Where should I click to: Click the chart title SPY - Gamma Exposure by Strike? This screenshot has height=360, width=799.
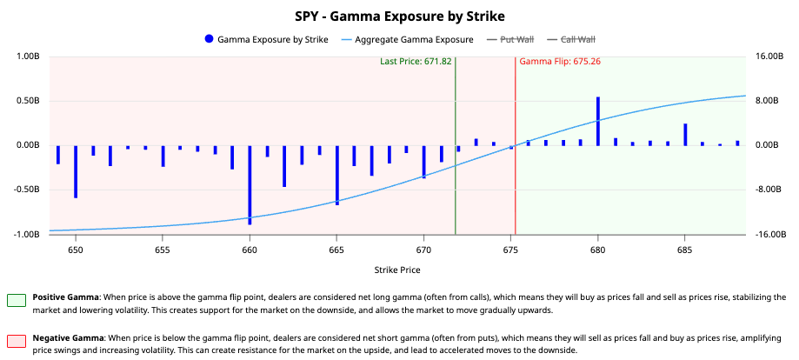pyautogui.click(x=399, y=16)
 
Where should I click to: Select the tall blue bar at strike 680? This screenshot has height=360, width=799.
pyautogui.click(x=598, y=120)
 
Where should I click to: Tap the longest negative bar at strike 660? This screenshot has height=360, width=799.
pyautogui.click(x=250, y=184)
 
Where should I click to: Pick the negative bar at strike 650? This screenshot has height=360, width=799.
pyautogui.click(x=76, y=170)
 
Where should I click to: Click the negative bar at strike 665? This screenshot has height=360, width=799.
pyautogui.click(x=336, y=175)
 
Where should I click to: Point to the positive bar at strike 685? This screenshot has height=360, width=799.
pyautogui.click(x=685, y=134)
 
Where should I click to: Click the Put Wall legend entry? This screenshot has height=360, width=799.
pyautogui.click(x=518, y=39)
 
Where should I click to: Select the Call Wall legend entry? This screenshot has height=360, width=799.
pyautogui.click(x=577, y=39)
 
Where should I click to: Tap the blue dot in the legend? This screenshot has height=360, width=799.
pyautogui.click(x=209, y=39)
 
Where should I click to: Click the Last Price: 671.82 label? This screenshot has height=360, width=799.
pyautogui.click(x=416, y=62)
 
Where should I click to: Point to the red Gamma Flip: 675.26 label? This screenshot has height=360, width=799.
pyautogui.click(x=560, y=62)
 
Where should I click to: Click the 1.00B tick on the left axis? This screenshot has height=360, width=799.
pyautogui.click(x=29, y=57)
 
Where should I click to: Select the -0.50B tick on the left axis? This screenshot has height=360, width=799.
pyautogui.click(x=27, y=190)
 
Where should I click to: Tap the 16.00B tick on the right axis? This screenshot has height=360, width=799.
pyautogui.click(x=769, y=57)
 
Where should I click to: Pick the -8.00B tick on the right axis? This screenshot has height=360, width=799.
pyautogui.click(x=769, y=190)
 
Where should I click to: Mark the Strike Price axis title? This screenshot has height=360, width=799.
pyautogui.click(x=399, y=270)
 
